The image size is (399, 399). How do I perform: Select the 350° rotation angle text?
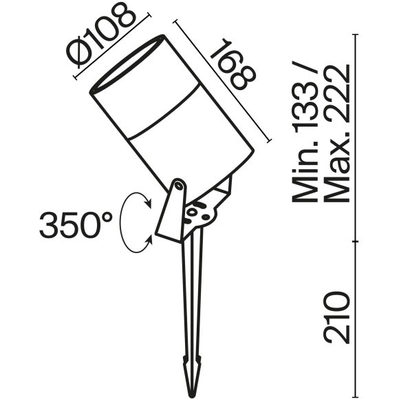(76, 225)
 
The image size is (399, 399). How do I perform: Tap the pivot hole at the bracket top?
(178, 184)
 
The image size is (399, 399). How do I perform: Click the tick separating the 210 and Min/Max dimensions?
(357, 241)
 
